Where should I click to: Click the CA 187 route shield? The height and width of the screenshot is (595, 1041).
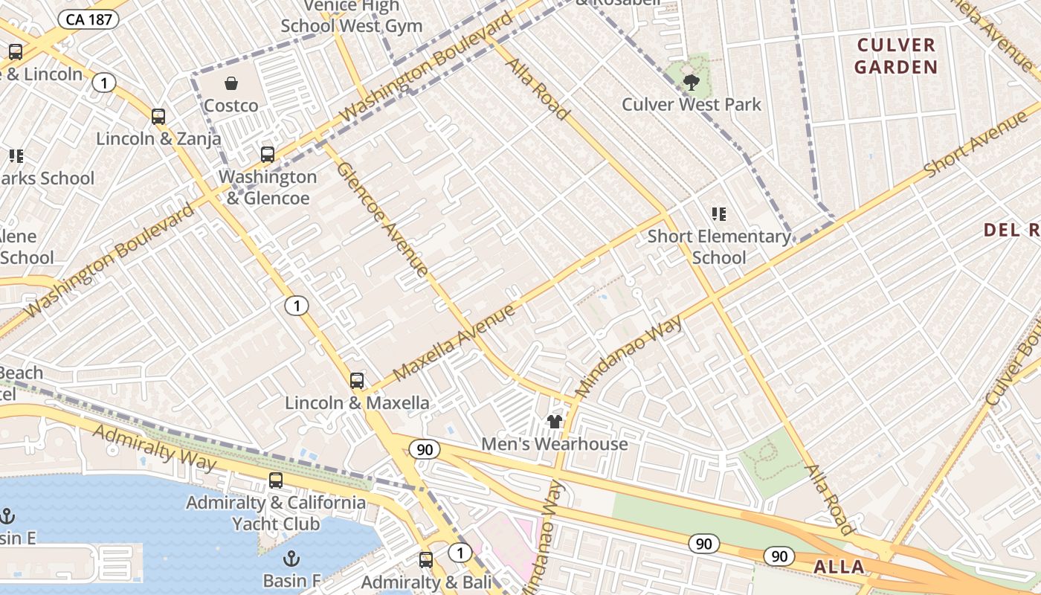pos(88,19)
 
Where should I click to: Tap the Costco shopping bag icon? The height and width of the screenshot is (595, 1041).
pos(231,83)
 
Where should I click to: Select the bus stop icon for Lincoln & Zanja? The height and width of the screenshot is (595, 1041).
pos(158,117)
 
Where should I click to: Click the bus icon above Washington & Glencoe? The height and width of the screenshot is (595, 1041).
pos(267,155)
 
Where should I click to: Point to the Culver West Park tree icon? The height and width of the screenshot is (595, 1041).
pos(692,82)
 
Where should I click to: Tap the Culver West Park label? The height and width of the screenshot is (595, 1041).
pos(691,104)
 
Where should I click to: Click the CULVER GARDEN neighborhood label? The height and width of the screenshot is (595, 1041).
pos(895,56)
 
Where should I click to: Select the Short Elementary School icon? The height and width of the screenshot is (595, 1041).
pos(718,214)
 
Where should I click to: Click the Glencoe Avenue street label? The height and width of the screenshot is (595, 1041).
pos(382,219)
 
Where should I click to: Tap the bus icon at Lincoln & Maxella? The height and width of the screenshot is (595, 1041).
pos(357,381)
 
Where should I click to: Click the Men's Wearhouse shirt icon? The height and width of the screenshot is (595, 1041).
pos(554,422)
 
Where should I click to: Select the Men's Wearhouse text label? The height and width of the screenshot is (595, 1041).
pos(554,444)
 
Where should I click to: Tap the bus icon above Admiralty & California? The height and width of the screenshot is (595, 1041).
pos(276,480)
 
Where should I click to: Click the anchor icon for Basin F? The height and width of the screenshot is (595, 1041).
pos(291,558)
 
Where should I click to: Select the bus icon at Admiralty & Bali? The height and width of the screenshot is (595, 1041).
pos(426,559)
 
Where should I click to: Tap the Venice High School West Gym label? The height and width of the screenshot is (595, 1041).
pos(351,16)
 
